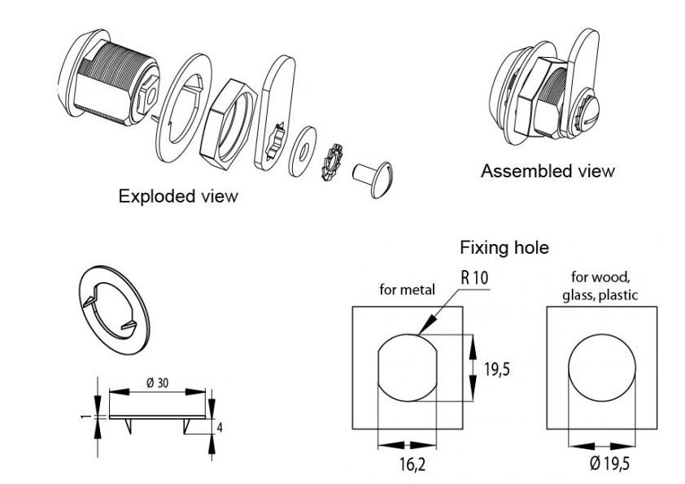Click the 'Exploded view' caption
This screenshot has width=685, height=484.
pos(178,196)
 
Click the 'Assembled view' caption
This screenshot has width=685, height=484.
pos(547,171)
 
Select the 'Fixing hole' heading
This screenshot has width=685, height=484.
pos(504,246)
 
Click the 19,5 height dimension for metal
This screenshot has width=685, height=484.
pos(496,368)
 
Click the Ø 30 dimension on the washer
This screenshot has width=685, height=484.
pos(158,382)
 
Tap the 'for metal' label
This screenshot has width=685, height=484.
pos(408,289)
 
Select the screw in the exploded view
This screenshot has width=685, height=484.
pos(373,174)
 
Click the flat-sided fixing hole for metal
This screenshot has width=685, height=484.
pos(410,366)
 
